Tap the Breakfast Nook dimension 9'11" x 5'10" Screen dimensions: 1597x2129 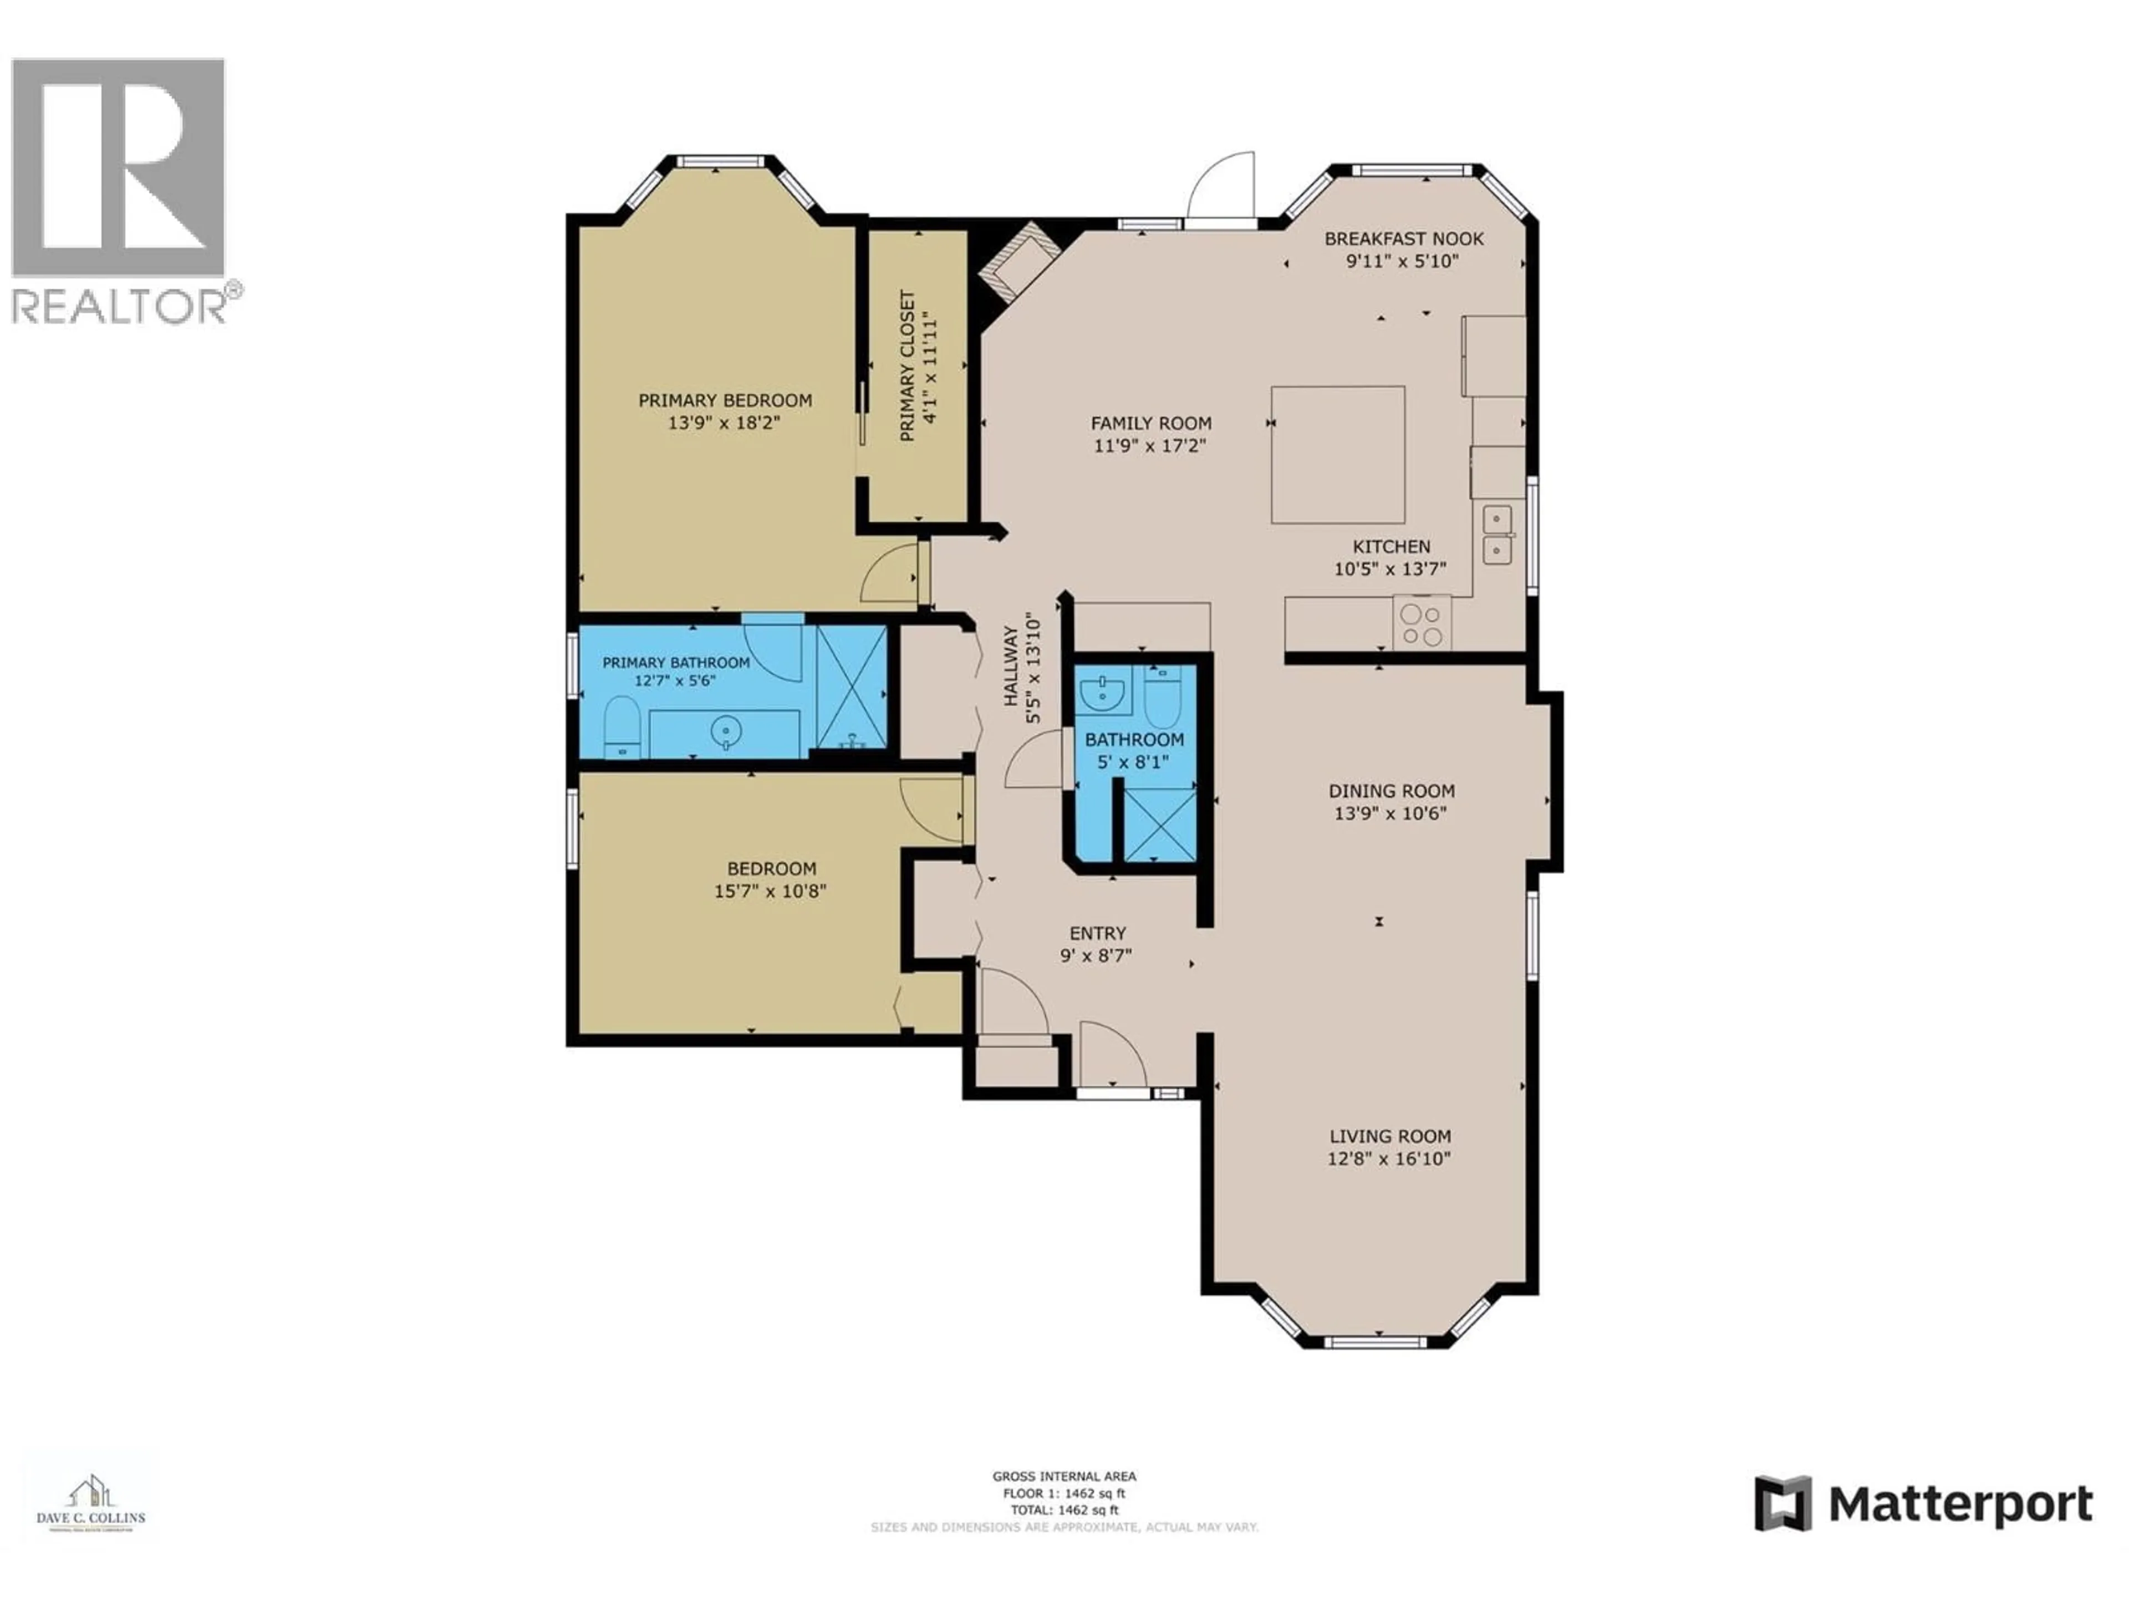pos(1402,261)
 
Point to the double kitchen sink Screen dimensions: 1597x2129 pos(1496,535)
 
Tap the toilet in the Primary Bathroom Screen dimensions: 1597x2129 pos(622,727)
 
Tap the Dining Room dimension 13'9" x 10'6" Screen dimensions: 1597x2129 pos(1390,813)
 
